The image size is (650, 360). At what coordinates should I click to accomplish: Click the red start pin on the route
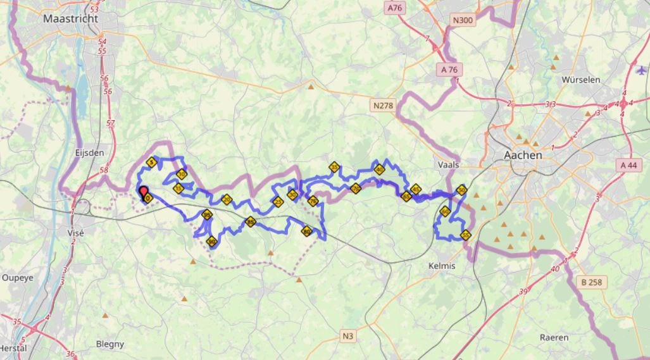[143, 192]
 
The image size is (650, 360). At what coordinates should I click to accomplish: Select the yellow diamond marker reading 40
[379, 169]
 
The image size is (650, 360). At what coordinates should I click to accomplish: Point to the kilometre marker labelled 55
[466, 235]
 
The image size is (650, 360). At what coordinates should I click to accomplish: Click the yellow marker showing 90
[212, 240]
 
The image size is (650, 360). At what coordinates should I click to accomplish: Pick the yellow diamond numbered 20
[227, 200]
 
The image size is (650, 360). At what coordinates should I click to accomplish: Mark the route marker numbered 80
[307, 231]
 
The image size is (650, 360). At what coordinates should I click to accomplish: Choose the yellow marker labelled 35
[334, 167]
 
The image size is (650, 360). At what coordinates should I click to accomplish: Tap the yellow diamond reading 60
[445, 211]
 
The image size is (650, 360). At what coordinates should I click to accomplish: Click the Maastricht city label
[70, 19]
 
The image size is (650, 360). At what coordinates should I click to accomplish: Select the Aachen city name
[523, 155]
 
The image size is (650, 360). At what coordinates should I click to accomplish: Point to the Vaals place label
[447, 164]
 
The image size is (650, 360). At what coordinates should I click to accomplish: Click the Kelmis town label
[441, 266]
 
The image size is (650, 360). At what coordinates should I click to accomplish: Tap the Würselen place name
[580, 80]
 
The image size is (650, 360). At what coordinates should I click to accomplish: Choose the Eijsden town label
[89, 152]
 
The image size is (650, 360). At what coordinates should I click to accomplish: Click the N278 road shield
[383, 106]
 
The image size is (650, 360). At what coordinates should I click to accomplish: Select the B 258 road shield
[591, 282]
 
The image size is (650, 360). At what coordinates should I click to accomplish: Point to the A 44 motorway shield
[628, 165]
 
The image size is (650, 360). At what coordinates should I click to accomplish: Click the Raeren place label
[554, 337]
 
